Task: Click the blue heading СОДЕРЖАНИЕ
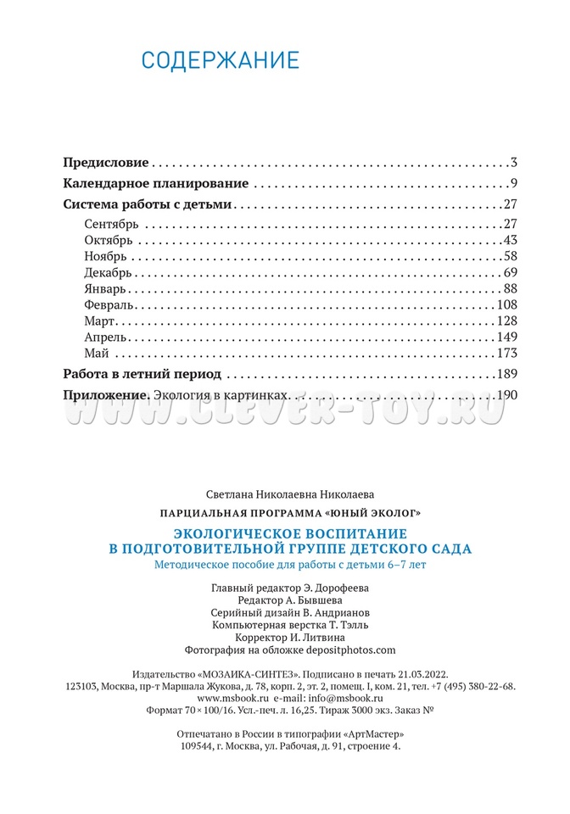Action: (x=220, y=61)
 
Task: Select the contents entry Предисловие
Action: (x=106, y=162)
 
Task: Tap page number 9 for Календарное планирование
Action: (x=513, y=183)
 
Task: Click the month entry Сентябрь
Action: (x=111, y=224)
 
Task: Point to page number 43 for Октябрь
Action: (x=510, y=240)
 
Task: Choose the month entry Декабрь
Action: (x=109, y=272)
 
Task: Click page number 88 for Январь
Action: (x=510, y=288)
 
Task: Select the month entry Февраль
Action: (x=109, y=304)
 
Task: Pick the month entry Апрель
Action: (x=106, y=337)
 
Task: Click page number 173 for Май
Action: (x=506, y=353)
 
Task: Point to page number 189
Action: (x=506, y=374)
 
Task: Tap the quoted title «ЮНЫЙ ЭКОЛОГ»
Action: (x=372, y=513)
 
